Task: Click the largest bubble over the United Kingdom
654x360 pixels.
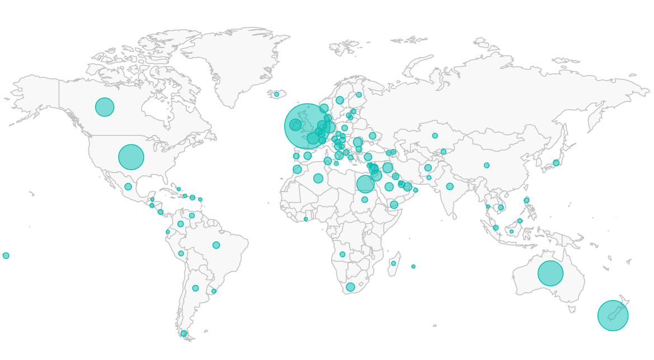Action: [307, 126]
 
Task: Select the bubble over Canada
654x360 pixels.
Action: [105, 107]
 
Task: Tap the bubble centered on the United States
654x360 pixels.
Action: [131, 157]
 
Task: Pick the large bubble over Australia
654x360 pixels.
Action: [551, 273]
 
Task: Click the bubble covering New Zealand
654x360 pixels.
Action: [613, 316]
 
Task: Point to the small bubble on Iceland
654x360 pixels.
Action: [276, 94]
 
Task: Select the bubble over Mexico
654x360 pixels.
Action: [128, 186]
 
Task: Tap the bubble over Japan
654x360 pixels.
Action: [556, 163]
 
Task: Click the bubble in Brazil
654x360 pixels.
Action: [216, 245]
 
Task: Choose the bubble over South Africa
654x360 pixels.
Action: [350, 287]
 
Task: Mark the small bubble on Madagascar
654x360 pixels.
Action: [393, 263]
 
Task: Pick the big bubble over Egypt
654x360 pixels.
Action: [365, 184]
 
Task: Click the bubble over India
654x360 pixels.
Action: [450, 186]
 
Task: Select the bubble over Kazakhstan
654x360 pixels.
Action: [435, 135]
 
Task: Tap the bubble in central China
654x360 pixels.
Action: [487, 165]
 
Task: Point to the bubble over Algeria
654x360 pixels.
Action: [318, 178]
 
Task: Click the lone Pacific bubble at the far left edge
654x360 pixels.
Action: [6, 255]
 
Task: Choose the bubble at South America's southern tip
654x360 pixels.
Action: [184, 334]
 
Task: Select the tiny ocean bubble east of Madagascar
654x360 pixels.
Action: [413, 267]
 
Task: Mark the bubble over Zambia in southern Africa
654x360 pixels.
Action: [342, 254]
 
